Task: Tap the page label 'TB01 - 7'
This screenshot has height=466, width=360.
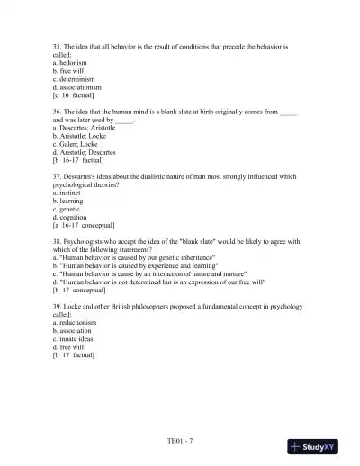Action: pyautogui.click(x=180, y=441)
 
